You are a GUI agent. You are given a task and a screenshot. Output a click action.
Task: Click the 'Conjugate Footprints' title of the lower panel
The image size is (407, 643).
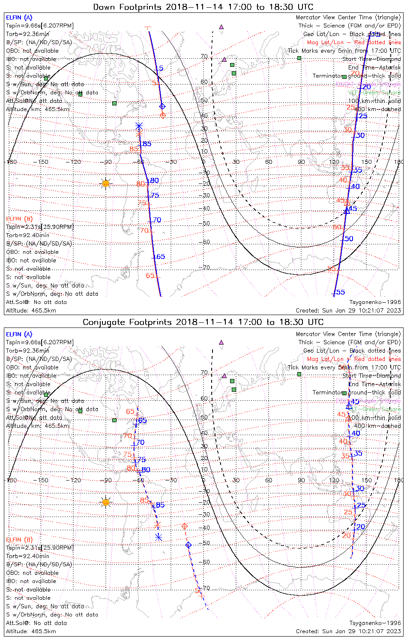point(129,322)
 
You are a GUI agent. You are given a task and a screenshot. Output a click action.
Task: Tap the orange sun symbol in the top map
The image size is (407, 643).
point(106,183)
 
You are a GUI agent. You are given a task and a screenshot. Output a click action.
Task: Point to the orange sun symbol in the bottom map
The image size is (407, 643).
point(106,502)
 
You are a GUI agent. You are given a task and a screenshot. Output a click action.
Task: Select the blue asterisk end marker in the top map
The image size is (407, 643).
point(139,126)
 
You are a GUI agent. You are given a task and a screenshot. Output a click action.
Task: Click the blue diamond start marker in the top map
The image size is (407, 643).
point(162,106)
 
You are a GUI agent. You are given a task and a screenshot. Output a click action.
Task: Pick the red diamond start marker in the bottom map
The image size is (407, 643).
point(185,526)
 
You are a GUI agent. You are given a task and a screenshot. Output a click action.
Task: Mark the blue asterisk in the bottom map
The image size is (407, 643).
point(159,537)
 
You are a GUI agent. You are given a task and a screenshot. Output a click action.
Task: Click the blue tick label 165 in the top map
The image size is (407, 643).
point(159,257)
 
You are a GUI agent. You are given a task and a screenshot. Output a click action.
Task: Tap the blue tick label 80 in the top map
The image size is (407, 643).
point(154,180)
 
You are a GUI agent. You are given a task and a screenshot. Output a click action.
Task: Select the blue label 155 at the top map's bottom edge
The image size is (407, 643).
point(339,292)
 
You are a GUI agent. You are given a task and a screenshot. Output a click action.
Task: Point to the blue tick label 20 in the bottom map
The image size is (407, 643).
point(361,527)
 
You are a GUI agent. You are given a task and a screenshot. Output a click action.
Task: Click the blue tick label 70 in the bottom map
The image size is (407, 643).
point(140,442)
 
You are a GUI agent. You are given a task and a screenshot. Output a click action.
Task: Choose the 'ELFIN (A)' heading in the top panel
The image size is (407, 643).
point(19,18)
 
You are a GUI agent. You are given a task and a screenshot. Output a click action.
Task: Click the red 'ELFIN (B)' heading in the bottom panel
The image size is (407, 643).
point(19,539)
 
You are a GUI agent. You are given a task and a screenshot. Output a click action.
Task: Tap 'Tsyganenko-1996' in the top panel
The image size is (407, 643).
point(375,302)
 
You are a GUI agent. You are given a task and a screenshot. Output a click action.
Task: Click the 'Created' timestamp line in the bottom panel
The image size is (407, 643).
point(348,631)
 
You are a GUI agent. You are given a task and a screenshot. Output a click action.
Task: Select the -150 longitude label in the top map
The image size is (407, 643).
point(43,162)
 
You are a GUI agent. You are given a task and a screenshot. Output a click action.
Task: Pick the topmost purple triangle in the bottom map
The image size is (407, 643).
point(221,343)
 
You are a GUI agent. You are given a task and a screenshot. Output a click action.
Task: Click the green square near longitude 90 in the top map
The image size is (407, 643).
point(299,58)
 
